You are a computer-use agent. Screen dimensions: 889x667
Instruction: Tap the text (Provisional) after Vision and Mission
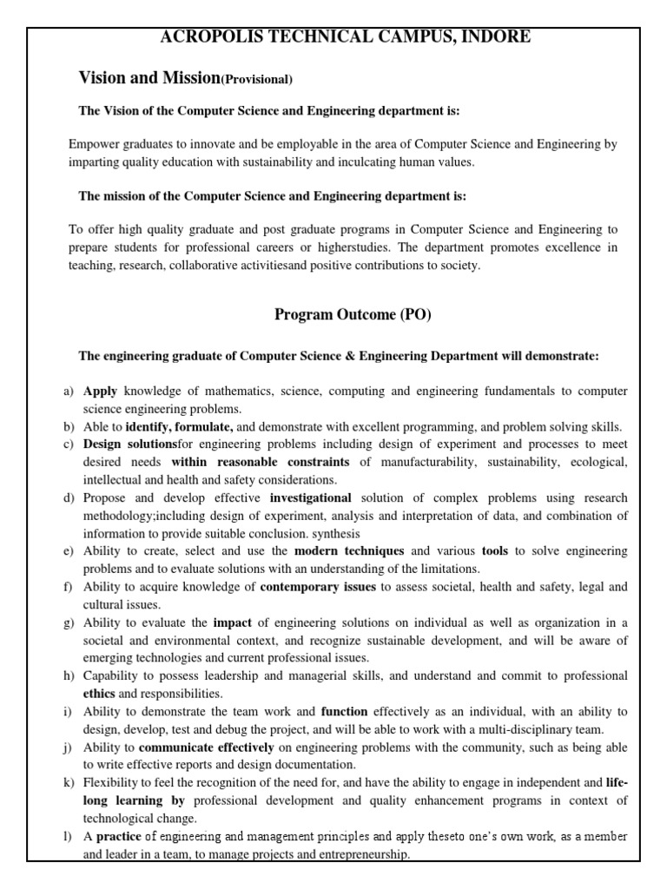click(257, 80)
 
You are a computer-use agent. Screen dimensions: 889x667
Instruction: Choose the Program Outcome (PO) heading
click(353, 315)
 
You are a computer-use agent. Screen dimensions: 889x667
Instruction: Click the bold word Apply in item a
click(100, 392)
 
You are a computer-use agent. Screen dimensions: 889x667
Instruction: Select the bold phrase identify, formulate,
click(179, 426)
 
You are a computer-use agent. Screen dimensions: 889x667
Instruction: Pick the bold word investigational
click(310, 497)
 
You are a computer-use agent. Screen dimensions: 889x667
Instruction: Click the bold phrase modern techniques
click(349, 550)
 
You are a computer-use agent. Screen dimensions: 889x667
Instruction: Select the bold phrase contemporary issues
click(319, 587)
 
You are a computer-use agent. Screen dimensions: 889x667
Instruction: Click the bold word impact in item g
click(232, 622)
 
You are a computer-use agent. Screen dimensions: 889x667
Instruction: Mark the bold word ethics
click(98, 694)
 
